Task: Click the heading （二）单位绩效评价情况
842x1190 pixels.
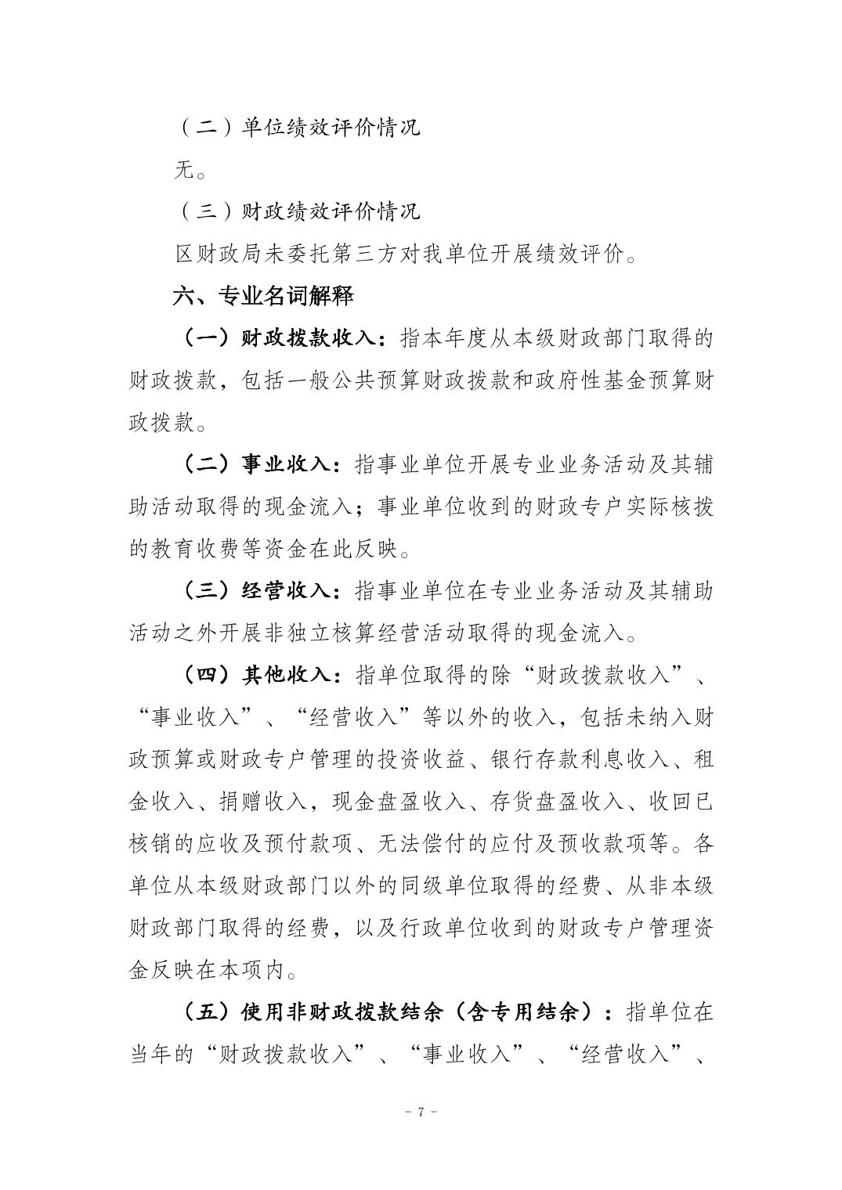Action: pos(297,127)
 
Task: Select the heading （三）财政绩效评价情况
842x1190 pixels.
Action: pos(297,211)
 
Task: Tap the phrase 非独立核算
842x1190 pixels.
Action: pos(314,633)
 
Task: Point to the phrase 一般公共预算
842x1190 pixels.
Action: pos(310,381)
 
